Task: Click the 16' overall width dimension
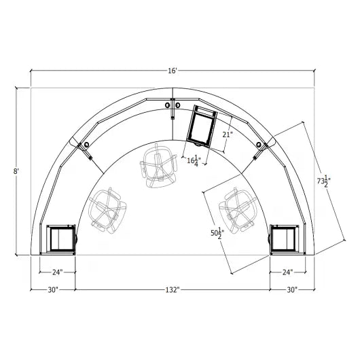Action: (173, 71)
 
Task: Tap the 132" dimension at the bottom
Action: (173, 290)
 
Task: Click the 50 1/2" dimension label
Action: (218, 236)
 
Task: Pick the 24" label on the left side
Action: (58, 272)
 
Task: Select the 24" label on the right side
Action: (288, 272)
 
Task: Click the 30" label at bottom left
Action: (52, 290)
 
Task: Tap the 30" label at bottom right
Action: (293, 290)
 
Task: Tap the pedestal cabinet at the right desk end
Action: (284, 239)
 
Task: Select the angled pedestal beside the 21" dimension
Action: (202, 125)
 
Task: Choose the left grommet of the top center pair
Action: (168, 105)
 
